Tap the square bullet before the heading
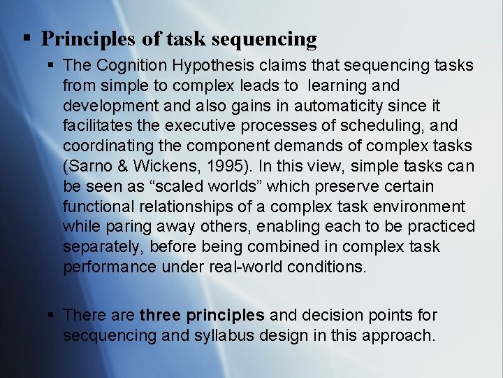26,38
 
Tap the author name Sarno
89,167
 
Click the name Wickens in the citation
158,167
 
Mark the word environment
421,207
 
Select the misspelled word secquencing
110,336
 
